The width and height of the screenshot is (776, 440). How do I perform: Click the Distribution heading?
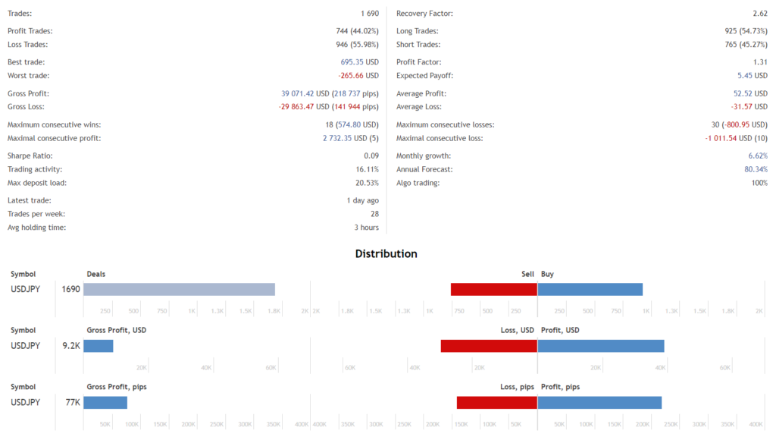[386, 253]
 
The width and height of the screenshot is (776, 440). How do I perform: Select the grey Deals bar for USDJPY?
[179, 289]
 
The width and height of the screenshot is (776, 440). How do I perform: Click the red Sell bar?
[493, 289]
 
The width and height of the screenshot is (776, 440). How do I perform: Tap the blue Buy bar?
[590, 289]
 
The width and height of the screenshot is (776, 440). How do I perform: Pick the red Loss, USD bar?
[489, 346]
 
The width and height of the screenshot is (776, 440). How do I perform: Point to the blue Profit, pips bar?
[599, 402]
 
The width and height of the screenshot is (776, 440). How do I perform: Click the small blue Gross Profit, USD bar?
[98, 346]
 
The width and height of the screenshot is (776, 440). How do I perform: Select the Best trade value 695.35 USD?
[359, 62]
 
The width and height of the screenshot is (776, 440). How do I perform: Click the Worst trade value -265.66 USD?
[358, 76]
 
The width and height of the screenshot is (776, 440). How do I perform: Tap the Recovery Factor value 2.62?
[760, 14]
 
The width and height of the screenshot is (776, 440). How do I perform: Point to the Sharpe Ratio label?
[30, 156]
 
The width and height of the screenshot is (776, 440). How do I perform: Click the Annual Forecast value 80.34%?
[756, 169]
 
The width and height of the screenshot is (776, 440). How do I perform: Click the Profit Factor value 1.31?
[760, 62]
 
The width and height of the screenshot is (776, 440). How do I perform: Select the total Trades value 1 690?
[370, 14]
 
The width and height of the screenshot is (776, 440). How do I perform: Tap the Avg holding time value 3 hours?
[366, 228]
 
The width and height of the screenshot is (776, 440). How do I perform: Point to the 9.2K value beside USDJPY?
[71, 346]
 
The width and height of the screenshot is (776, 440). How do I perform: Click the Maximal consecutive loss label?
[440, 138]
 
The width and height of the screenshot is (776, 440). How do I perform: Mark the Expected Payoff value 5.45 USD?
[753, 76]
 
